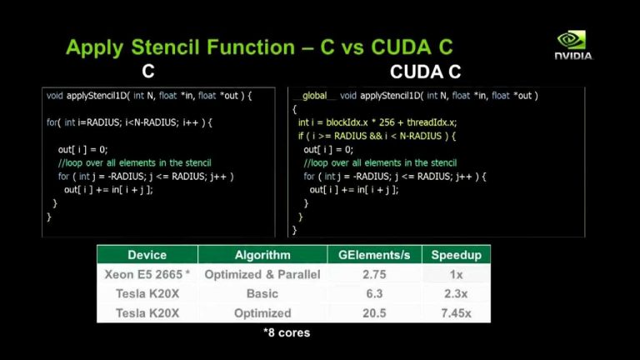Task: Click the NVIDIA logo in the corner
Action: pos(573,45)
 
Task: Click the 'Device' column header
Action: pos(147,255)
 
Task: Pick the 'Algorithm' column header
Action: pos(262,255)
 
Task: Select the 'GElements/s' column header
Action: pos(374,255)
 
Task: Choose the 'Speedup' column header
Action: pos(455,255)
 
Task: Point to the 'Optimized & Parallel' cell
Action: pos(262,274)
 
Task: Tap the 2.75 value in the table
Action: pos(374,274)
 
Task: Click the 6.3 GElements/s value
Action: pos(374,293)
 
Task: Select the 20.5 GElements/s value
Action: pos(374,313)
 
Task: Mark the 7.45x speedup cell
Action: pos(455,313)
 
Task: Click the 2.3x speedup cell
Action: pos(455,293)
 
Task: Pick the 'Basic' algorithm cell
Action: pos(262,293)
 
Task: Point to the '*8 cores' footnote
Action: pos(286,332)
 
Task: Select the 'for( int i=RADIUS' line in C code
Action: pos(130,122)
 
